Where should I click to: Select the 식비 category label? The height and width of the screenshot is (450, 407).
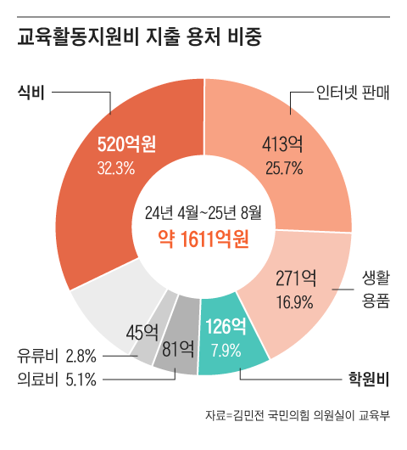coord(31,91)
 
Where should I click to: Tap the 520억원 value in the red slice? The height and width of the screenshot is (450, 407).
coord(126,143)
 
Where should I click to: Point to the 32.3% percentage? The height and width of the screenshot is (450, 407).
coord(116,167)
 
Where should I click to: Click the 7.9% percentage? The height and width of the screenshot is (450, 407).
coord(226,349)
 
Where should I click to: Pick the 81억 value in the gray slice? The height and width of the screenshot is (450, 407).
coord(178,346)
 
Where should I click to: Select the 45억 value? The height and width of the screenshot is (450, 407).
coord(142,330)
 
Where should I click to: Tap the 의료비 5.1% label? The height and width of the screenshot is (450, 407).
coord(57,378)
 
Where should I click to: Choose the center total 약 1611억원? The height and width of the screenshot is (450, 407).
coord(203,239)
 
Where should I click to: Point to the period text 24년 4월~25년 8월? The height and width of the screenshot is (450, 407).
coord(203,211)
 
